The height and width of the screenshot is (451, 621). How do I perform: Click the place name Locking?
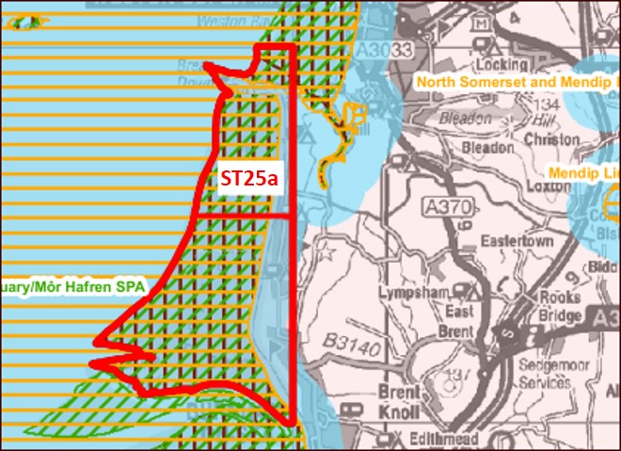[x=503, y=65]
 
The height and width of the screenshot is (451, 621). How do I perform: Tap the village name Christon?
[x=552, y=139]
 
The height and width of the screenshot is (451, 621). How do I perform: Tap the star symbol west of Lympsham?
[x=328, y=252]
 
